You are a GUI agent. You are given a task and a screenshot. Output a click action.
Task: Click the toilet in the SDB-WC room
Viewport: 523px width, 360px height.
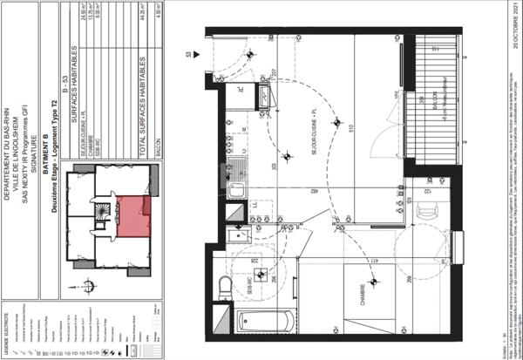point(226,285)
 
